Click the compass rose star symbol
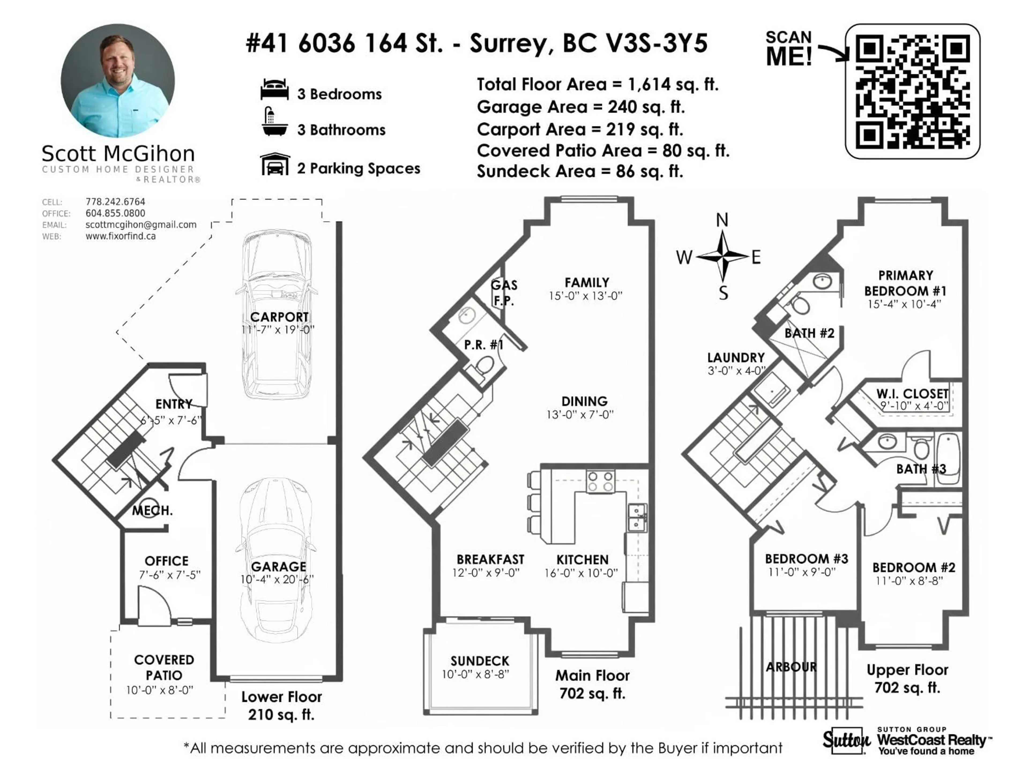[722, 256]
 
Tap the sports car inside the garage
[276, 561]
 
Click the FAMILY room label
[587, 283]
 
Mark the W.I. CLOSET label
[912, 394]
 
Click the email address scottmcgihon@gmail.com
[141, 225]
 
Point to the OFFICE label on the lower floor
[166, 561]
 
